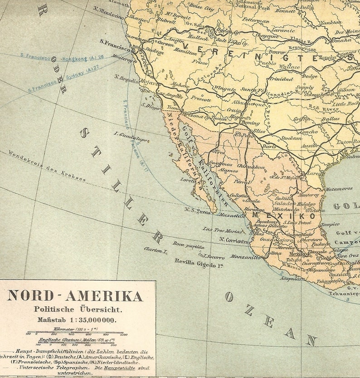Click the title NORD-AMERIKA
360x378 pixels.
pos(75,296)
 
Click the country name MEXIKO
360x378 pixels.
pos(283,216)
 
